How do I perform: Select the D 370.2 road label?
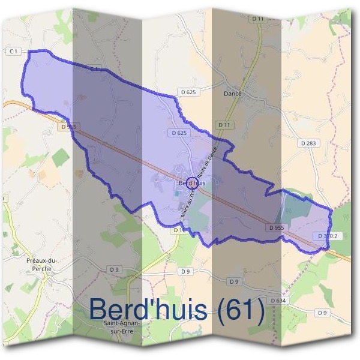tap(328, 236)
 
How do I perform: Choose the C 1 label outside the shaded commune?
tap(13, 52)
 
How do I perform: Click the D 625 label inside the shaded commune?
tap(179, 133)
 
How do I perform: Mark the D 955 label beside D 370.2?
tap(276, 228)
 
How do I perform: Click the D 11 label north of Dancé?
tap(258, 19)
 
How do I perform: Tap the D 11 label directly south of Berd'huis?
tap(179, 230)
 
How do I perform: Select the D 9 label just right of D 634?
tap(323, 313)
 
